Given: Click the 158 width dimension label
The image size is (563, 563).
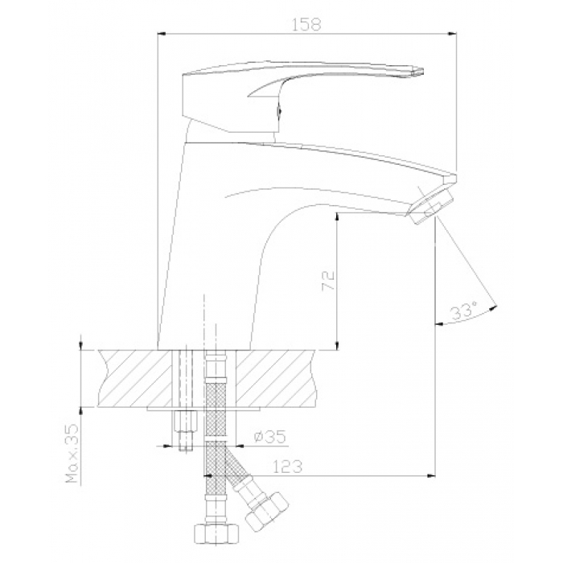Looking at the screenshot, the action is [306, 24].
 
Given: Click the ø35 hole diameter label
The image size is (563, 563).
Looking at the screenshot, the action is [270, 436].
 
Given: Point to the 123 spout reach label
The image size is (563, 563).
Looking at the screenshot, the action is [288, 466].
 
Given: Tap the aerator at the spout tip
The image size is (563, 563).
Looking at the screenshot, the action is [429, 208].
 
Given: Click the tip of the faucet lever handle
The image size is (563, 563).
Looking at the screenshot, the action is [423, 71].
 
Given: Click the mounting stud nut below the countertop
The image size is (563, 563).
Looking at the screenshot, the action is [186, 422].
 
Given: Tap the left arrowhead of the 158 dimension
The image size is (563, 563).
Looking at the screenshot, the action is [162, 34].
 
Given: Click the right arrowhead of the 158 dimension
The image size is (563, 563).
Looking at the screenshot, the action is [452, 34].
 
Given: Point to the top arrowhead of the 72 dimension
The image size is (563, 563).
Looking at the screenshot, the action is [337, 216].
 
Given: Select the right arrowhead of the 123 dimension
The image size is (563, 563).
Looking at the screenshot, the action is [431, 476].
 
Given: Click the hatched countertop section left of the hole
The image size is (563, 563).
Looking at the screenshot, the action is [136, 379].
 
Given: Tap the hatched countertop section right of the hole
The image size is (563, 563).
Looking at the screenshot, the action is [277, 379].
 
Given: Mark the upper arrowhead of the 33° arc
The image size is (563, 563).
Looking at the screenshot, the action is [495, 306].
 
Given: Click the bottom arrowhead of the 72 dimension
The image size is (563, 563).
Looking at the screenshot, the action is [337, 345].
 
